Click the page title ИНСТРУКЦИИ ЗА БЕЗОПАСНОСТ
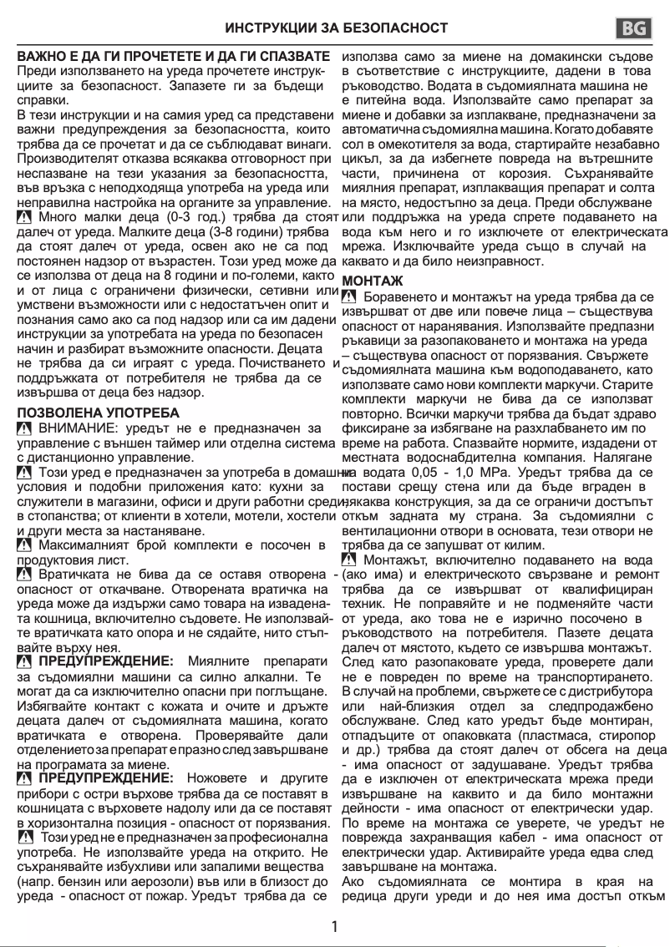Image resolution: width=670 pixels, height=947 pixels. (x=337, y=28)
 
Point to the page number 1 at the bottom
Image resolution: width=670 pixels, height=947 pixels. (x=335, y=926)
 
